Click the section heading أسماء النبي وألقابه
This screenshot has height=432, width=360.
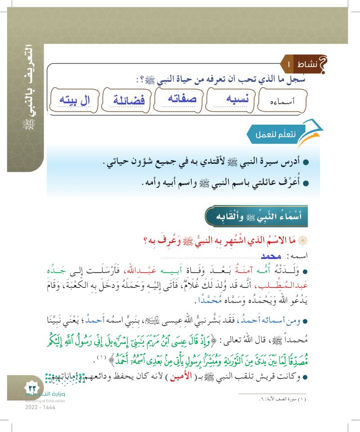[262, 215]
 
